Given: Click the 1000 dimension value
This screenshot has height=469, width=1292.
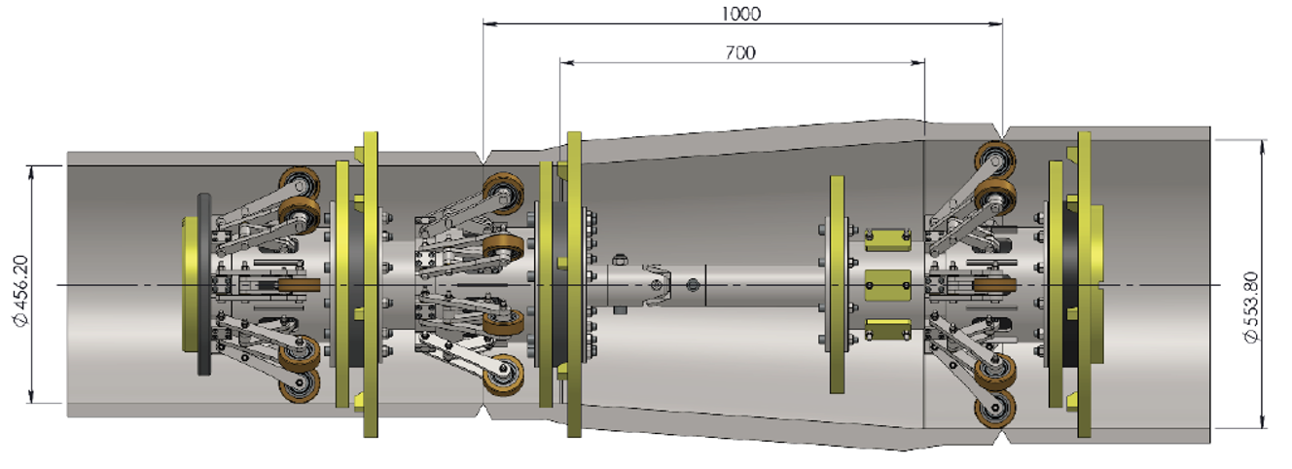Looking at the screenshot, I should click(741, 13).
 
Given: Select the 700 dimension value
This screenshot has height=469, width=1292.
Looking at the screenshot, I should click(740, 53).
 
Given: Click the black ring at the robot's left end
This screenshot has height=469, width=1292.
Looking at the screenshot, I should click(203, 283).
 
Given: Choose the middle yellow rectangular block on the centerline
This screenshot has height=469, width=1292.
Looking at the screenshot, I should click(887, 283).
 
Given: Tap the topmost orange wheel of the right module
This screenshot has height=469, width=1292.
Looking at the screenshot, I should click(994, 159).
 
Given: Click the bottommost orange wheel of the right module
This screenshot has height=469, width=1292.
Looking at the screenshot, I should click(994, 409).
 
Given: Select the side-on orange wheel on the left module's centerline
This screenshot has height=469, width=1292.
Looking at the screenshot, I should click(299, 284).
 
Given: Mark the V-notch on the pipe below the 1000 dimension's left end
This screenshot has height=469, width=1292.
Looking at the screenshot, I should click(484, 157).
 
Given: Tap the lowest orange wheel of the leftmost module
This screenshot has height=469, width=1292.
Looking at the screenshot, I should click(298, 385).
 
